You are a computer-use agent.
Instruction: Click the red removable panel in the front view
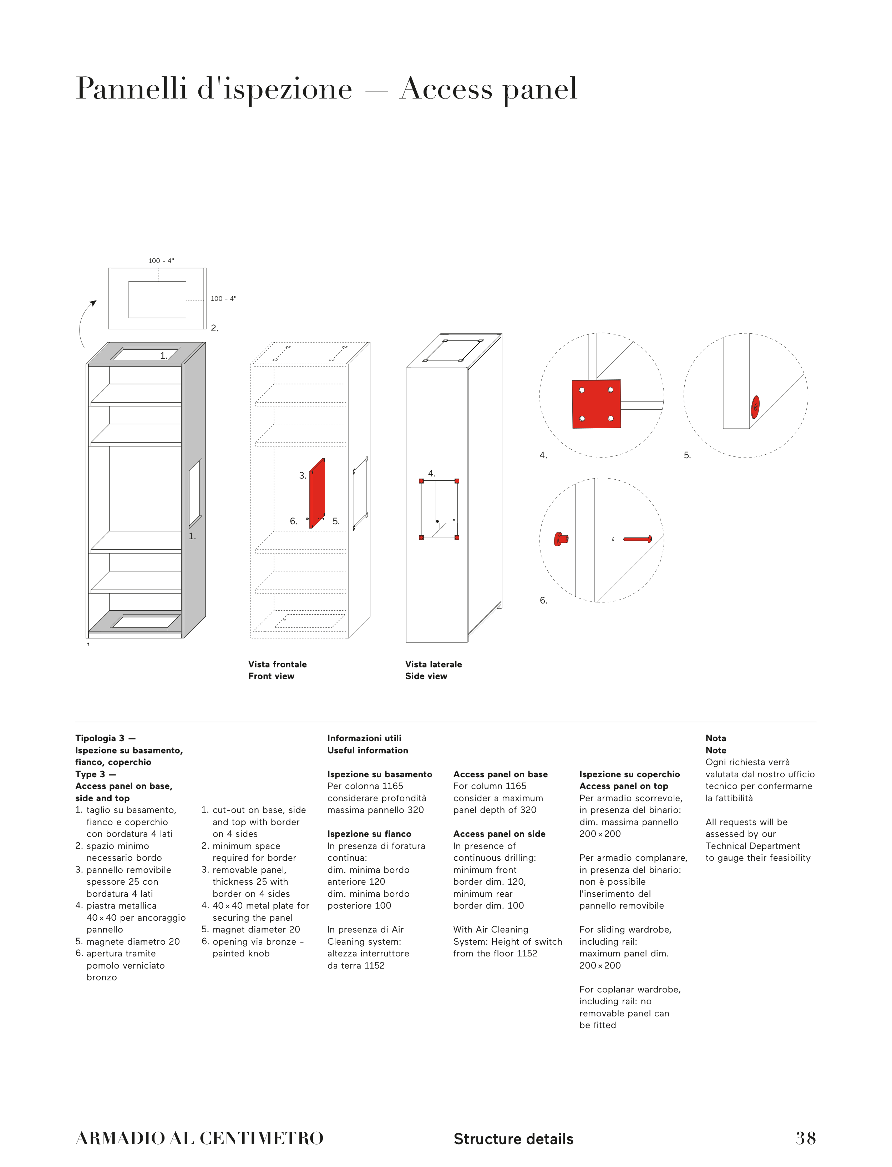click(317, 494)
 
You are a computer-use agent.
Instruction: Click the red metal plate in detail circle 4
click(596, 404)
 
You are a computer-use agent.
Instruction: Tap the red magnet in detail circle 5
click(755, 407)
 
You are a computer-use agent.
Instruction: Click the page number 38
click(805, 1138)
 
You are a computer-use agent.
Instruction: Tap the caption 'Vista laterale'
click(433, 664)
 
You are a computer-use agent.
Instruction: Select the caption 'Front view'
click(271, 676)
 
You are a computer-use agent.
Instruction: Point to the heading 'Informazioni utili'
click(364, 738)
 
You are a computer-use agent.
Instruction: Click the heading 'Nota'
click(715, 738)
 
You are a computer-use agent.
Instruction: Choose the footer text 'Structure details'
click(513, 1139)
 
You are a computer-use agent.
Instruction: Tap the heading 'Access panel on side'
click(499, 834)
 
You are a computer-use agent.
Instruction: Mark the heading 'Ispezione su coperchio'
click(629, 774)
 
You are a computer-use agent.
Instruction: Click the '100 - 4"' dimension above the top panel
click(161, 261)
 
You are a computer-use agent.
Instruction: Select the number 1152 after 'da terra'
click(374, 965)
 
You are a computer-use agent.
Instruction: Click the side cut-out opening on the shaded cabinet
click(196, 493)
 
